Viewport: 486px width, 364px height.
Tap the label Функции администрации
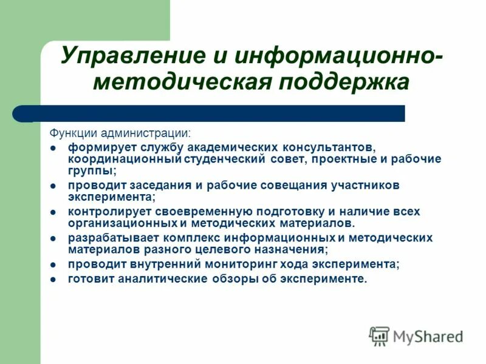(119, 132)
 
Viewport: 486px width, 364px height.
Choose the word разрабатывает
(108, 238)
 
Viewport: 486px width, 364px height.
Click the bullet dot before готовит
(53, 280)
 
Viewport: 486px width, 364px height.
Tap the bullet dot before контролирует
(53, 212)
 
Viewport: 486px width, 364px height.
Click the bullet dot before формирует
(53, 148)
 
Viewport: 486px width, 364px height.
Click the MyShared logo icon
(379, 335)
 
